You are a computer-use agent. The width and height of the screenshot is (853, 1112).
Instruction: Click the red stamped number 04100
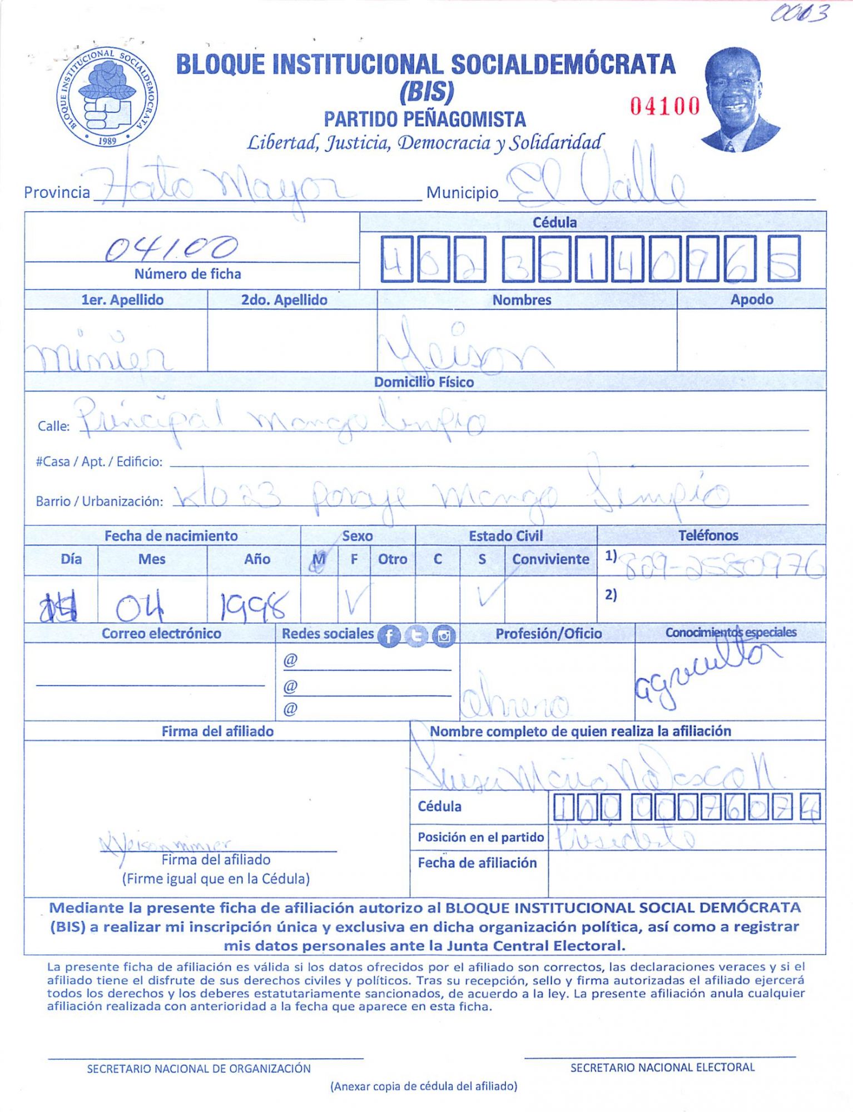[664, 106]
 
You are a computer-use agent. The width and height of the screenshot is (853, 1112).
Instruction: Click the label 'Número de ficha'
[187, 274]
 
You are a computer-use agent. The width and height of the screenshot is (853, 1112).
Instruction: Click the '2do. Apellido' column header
[284, 300]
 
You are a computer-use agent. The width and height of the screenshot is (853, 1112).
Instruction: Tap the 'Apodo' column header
[751, 300]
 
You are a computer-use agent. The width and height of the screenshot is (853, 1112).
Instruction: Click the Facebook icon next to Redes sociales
[389, 636]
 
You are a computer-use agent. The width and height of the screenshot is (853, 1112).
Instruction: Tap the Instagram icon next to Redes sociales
[444, 636]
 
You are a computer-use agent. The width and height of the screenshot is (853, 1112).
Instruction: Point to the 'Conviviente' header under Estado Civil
[551, 559]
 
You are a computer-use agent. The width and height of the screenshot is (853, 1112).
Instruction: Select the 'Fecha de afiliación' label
[477, 863]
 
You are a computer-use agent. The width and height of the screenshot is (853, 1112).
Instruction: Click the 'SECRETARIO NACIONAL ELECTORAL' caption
[662, 1068]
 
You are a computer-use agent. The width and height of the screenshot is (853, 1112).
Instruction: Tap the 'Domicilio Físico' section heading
[424, 382]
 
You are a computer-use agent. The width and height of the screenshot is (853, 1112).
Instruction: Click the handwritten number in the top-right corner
[800, 13]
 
